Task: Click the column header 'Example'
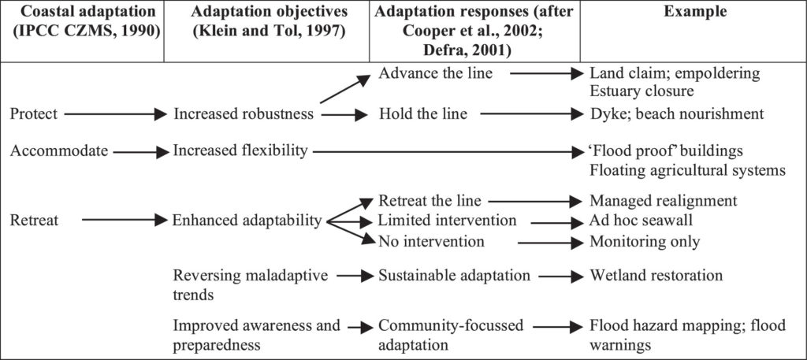[695, 11]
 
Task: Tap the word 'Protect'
[34, 113]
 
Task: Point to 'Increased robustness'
[244, 113]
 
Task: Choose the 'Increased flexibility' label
[240, 150]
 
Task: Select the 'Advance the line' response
[435, 73]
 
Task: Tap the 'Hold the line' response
[423, 113]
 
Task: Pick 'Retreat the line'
[430, 200]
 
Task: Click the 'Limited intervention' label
[448, 221]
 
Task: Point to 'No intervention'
[431, 241]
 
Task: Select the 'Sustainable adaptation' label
[455, 275]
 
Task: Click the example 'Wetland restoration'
[656, 275]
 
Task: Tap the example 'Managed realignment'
[664, 200]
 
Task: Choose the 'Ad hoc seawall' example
[642, 221]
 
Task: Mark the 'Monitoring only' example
[645, 241]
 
